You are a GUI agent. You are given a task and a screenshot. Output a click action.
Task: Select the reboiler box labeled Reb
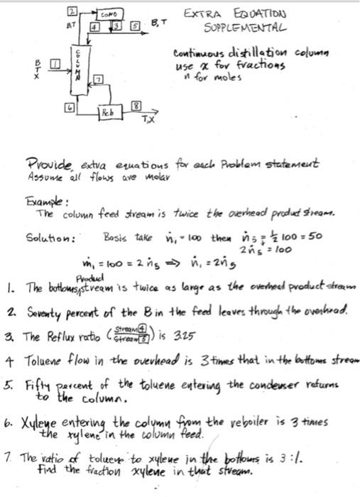pyautogui.click(x=106, y=113)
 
